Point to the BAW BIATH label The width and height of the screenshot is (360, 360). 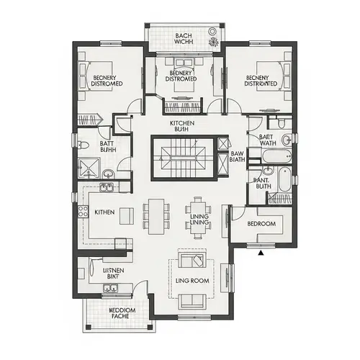(238, 157)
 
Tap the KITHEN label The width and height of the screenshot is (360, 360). (106, 212)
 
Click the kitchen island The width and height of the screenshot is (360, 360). (127, 215)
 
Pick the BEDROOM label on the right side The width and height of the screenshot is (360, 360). (261, 224)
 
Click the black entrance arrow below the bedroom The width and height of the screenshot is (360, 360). (261, 252)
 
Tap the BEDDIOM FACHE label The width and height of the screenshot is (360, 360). (118, 313)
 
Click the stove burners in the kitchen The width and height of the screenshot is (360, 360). (82, 211)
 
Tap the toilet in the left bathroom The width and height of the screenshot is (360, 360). (84, 146)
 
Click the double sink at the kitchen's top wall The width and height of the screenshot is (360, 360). (107, 189)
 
